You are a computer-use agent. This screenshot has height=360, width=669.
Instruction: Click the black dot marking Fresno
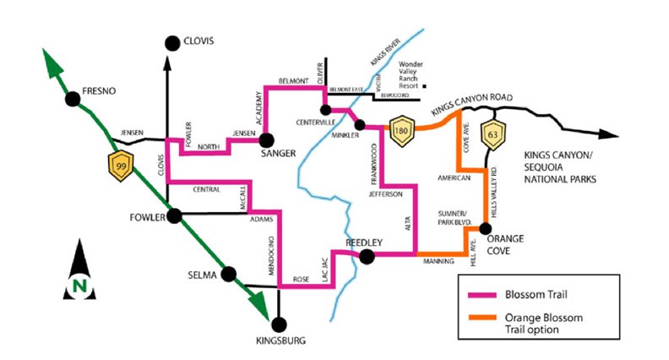pos(73,99)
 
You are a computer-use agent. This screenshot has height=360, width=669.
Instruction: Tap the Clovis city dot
pos(172,41)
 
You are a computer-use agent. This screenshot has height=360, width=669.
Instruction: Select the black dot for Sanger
pos(265,139)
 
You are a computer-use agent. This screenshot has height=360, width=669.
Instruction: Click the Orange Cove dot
pos(486,228)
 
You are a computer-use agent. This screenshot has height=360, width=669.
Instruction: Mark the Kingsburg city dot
pos(280,322)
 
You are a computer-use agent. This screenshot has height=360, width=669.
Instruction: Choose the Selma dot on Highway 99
pos(226,274)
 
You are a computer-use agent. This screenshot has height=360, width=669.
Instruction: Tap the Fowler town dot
pos(175,216)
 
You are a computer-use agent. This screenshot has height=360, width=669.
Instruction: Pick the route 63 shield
pos(492,132)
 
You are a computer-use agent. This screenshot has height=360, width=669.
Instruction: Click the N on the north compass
pos(79,286)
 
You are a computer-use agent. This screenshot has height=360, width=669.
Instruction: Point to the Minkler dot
pos(360,126)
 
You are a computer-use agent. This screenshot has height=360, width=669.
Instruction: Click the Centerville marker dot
pos(324,108)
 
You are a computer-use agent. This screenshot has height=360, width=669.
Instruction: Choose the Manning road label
pos(437,263)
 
